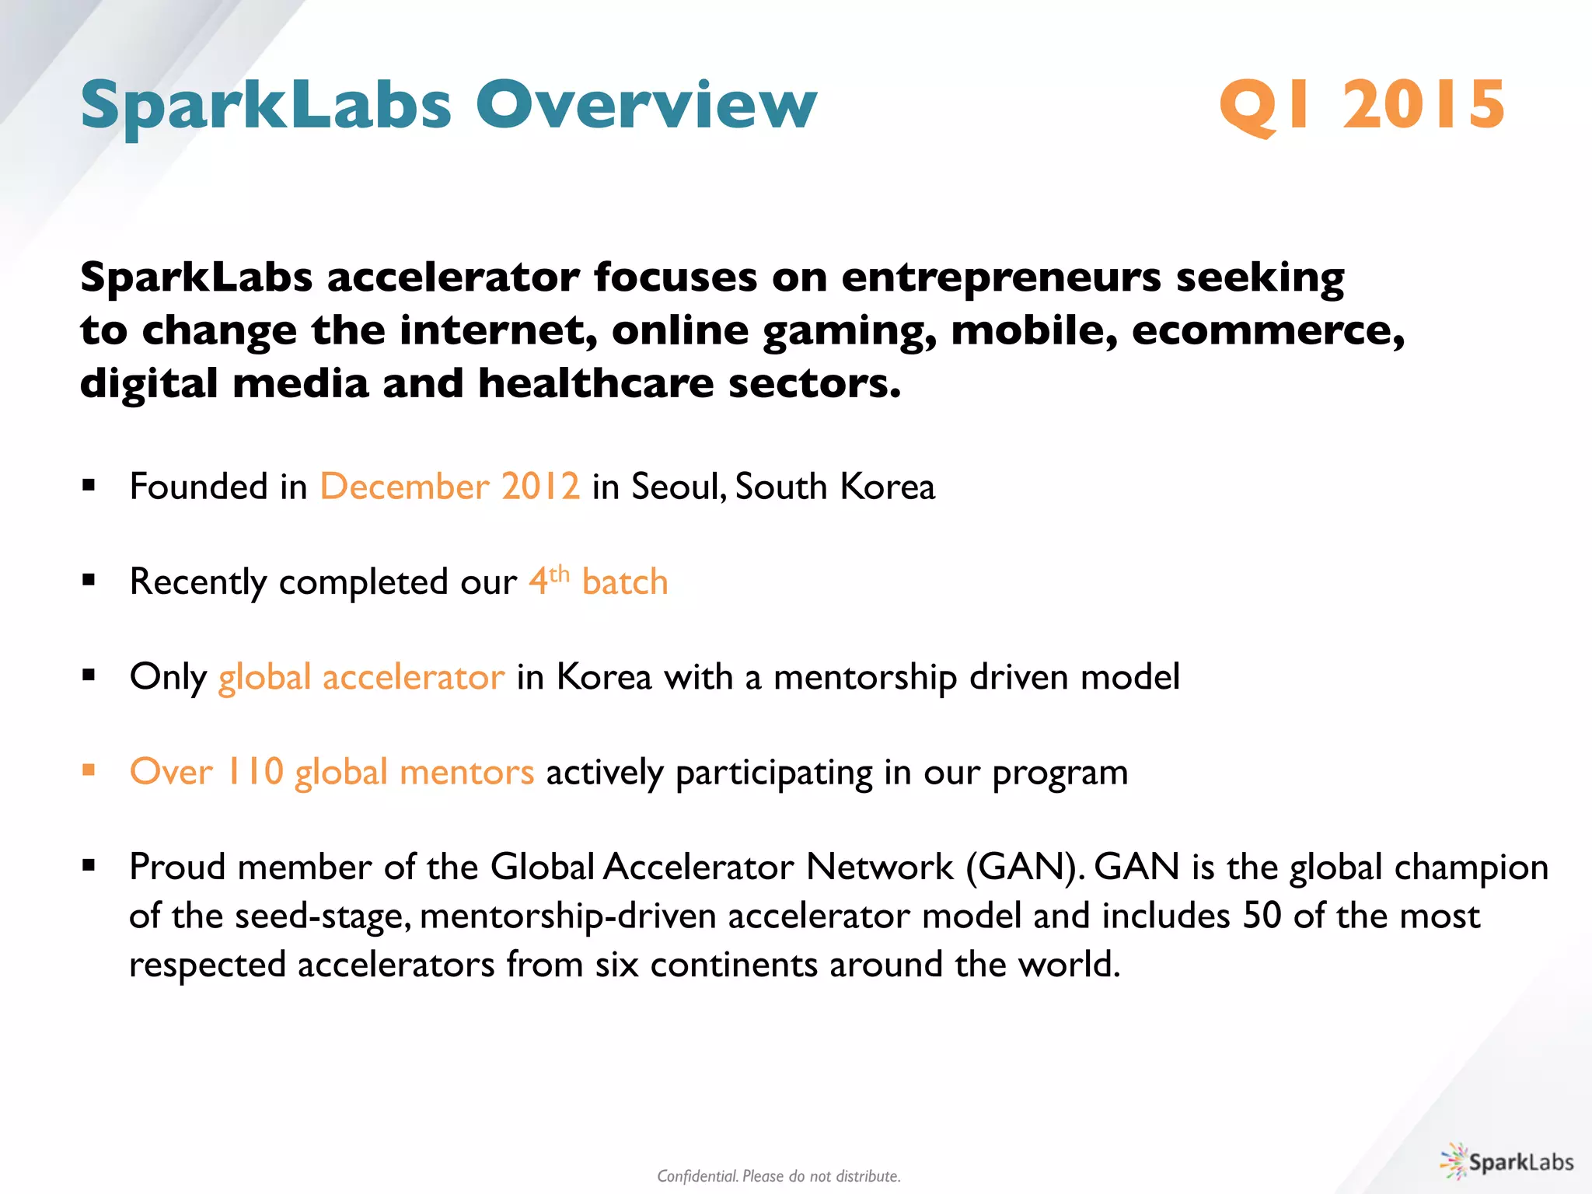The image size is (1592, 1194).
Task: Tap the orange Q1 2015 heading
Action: (1361, 105)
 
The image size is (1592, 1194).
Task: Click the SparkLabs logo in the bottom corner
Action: (1506, 1162)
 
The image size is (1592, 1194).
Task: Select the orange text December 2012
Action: (449, 487)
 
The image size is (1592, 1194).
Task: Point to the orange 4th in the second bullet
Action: (549, 580)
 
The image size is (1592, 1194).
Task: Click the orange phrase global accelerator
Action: (361, 677)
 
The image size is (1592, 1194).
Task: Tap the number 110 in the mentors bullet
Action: (254, 772)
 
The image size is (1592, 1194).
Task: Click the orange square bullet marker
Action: (89, 770)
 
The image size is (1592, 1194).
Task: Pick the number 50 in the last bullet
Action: (1261, 916)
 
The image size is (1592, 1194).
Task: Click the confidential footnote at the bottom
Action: (778, 1176)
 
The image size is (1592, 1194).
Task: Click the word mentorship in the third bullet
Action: (864, 677)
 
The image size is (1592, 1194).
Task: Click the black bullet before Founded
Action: (89, 486)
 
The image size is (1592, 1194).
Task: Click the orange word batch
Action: (625, 582)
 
